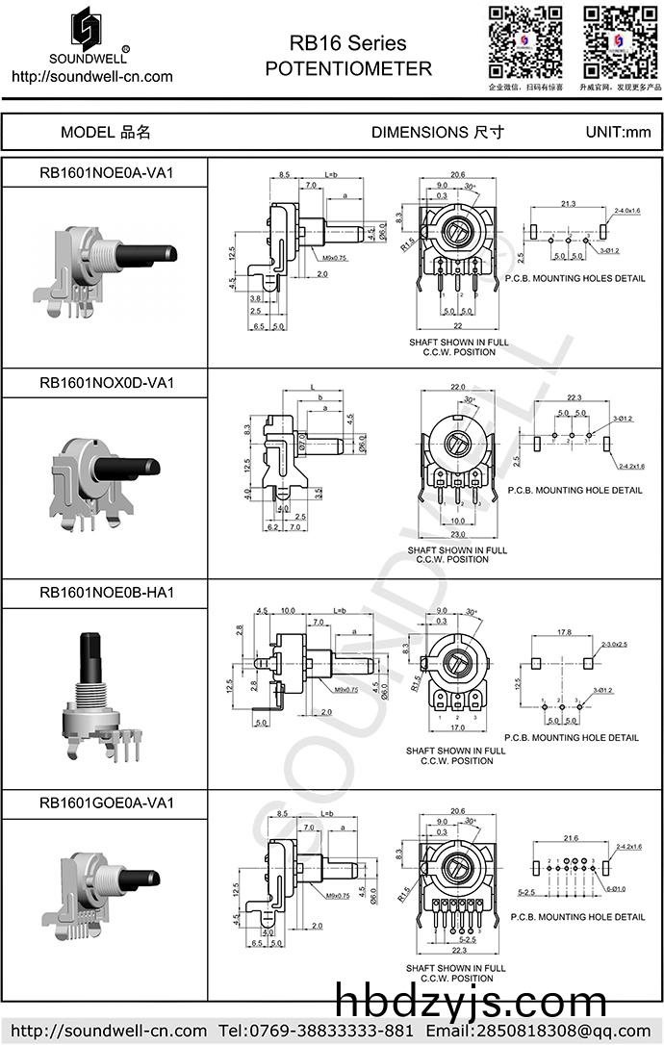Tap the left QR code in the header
pyautogui.click(x=525, y=42)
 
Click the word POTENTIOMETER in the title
pyautogui.click(x=348, y=68)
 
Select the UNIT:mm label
pyautogui.click(x=618, y=132)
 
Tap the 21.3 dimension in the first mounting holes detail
pyautogui.click(x=568, y=204)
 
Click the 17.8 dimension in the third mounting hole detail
pyautogui.click(x=564, y=632)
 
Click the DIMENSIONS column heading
pyautogui.click(x=437, y=132)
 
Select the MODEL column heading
pyautogui.click(x=106, y=132)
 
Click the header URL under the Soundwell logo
pyautogui.click(x=91, y=77)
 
